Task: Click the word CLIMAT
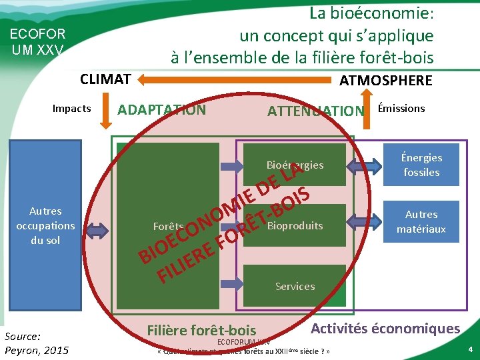pos(105,79)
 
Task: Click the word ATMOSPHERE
pos(385,81)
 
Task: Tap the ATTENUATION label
pos(315,111)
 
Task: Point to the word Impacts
pos(71,109)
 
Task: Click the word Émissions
pos(401,108)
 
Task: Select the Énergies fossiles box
pos(421,165)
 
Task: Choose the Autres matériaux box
pos(421,222)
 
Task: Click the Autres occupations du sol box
pos(45,225)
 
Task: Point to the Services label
pos(295,286)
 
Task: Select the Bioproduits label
pos(295,225)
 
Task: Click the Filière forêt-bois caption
pos(201,330)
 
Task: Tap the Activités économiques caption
pos(385,328)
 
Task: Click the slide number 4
pos(469,349)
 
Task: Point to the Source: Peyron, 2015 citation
pos(36,343)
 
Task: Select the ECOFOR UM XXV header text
pos(37,41)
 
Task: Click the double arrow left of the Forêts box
pos(97,231)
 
